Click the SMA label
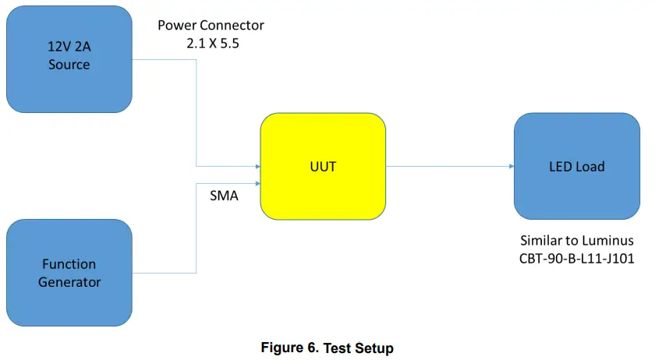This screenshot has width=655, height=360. [224, 196]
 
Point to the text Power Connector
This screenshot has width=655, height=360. [211, 25]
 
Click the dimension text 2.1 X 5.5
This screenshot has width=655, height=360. [212, 44]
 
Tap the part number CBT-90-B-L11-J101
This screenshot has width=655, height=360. [577, 259]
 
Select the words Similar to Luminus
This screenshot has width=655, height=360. [577, 240]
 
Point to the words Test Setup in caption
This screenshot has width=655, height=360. [358, 348]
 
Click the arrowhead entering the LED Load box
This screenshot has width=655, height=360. [510, 166]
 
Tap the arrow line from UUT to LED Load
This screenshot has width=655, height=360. [448, 166]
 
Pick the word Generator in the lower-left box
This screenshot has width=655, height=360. [69, 281]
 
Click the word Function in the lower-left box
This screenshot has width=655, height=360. [69, 264]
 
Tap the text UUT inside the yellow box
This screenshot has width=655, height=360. [322, 167]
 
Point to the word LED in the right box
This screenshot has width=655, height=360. [559, 166]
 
